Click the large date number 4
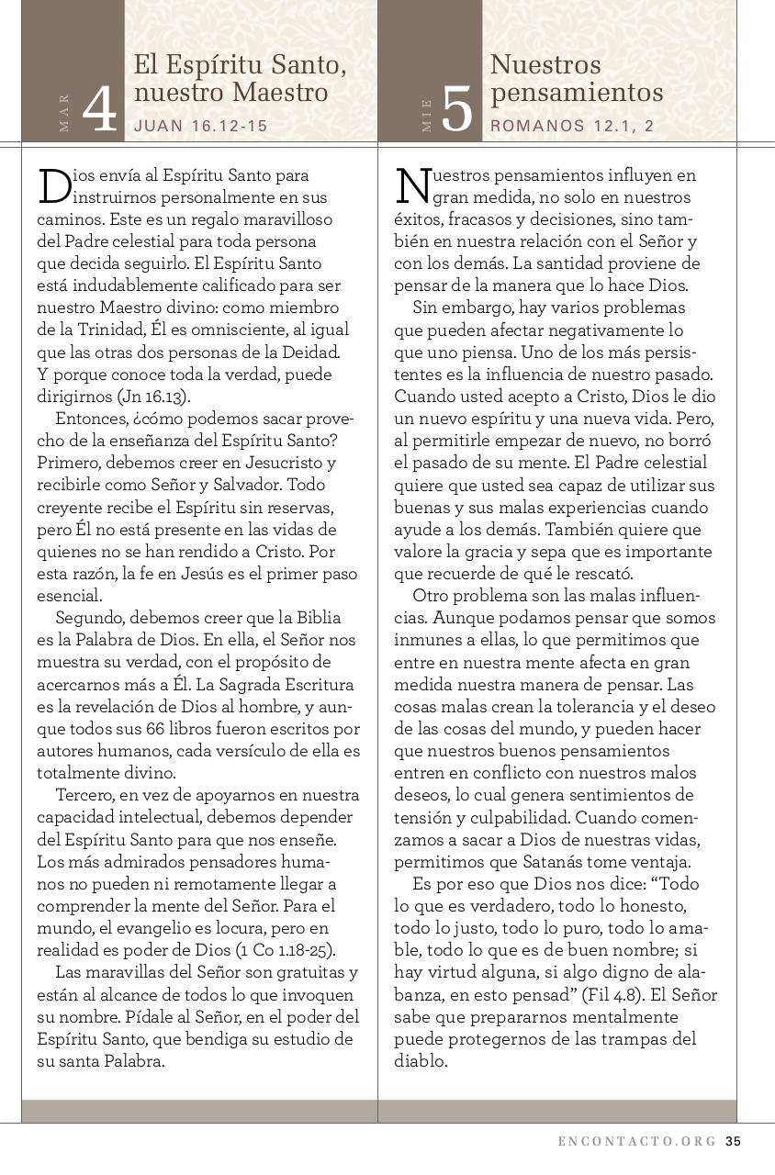pos(100,110)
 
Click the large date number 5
pos(456,110)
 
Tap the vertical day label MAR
pos(63,112)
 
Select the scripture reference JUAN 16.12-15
pos(201,126)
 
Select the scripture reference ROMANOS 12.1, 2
pos(572,126)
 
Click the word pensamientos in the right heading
pos(577,93)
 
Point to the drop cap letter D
pos(53,185)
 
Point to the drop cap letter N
pos(412,185)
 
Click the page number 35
pos(733,1142)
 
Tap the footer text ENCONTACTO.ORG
pos(637,1142)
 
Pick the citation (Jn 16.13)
pos(153,397)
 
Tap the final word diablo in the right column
pos(421,1061)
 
